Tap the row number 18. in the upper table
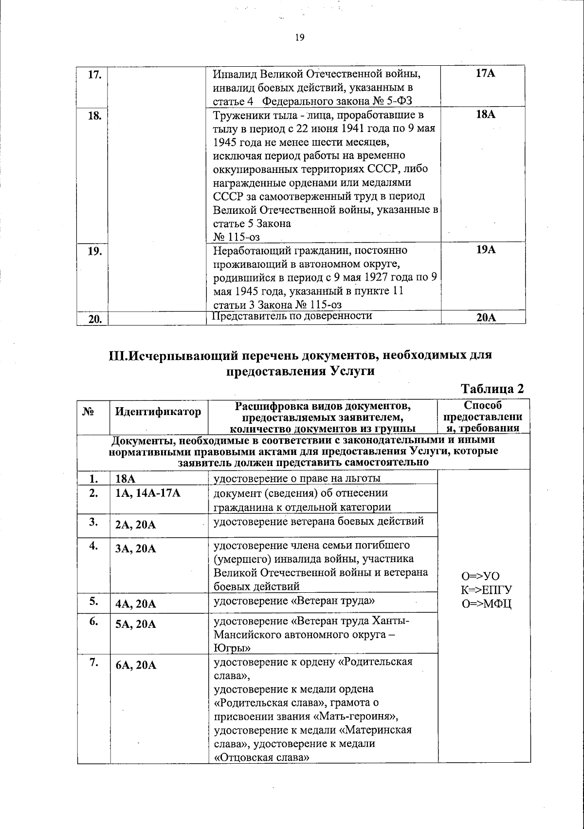pyautogui.click(x=94, y=116)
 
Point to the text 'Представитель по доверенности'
pyautogui.click(x=293, y=316)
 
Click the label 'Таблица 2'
pyautogui.click(x=492, y=389)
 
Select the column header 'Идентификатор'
pyautogui.click(x=158, y=412)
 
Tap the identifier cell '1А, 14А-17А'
pyautogui.click(x=148, y=493)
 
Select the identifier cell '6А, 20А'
pyautogui.click(x=136, y=665)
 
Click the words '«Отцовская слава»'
pyautogui.click(x=262, y=758)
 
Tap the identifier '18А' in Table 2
pyautogui.click(x=125, y=479)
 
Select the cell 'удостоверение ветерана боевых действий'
pyautogui.click(x=319, y=521)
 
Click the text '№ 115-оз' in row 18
pyautogui.click(x=237, y=237)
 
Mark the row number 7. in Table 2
pyautogui.click(x=94, y=663)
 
